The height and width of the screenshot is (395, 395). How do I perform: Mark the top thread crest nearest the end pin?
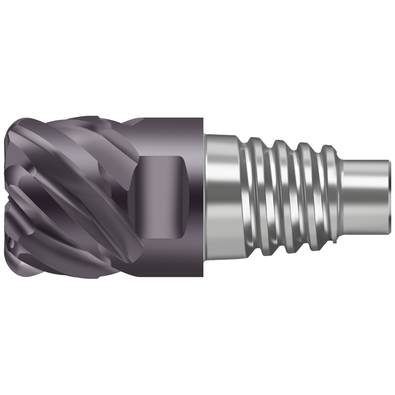click(x=328, y=148)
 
